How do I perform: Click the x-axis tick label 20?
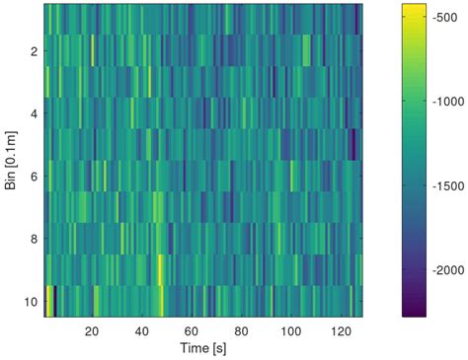[x=92, y=331]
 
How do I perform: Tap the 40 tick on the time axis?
[x=142, y=331]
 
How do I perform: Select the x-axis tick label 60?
[x=192, y=331]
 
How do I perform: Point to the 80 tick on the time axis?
[x=242, y=331]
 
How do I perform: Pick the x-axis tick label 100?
[x=292, y=331]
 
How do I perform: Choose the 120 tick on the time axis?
[x=342, y=331]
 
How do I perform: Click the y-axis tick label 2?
[x=34, y=50]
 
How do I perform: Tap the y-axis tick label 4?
[x=34, y=113]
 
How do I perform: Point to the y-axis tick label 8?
[x=34, y=239]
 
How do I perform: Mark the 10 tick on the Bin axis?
[x=31, y=301]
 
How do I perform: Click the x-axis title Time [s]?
[x=203, y=349]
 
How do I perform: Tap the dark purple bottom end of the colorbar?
[x=415, y=313]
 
